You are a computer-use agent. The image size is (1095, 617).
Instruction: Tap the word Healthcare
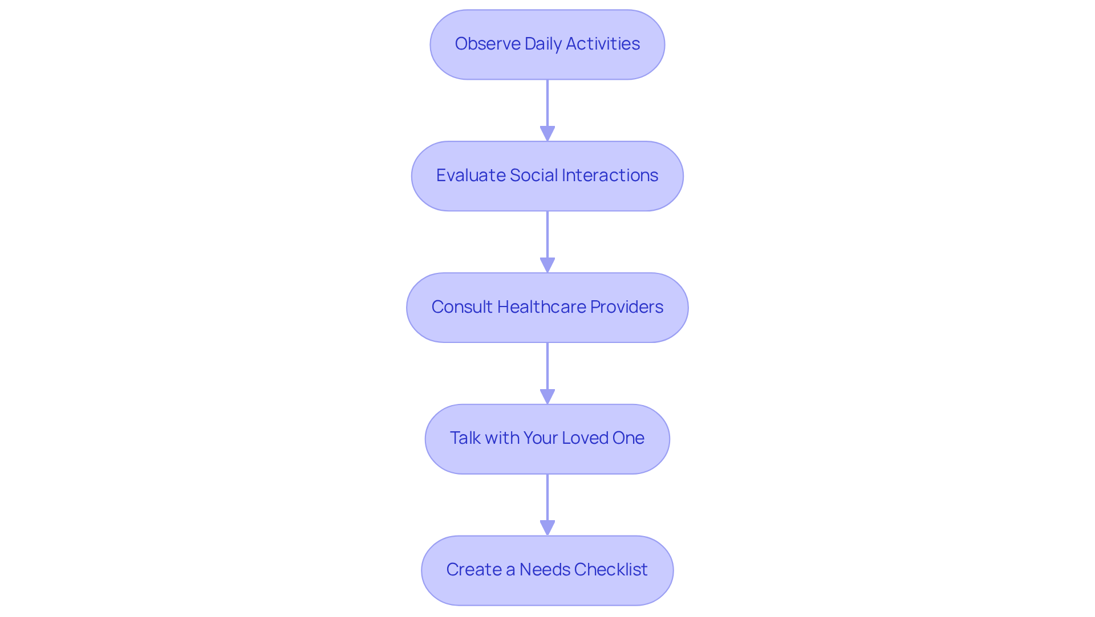click(x=541, y=307)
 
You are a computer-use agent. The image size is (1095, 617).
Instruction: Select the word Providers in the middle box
click(x=626, y=307)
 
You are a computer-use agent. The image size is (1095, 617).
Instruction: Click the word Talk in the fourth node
click(x=465, y=438)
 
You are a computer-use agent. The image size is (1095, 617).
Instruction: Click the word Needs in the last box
click(x=545, y=570)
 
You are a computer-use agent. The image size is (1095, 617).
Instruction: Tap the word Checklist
click(x=611, y=570)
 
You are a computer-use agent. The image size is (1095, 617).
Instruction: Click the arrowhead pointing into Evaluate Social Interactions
click(x=547, y=134)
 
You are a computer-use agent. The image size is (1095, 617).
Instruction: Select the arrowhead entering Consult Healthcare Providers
click(x=547, y=265)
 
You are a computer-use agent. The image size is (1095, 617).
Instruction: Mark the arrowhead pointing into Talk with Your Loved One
click(x=547, y=397)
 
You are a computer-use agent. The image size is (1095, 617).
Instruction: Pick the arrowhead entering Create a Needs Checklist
click(x=547, y=528)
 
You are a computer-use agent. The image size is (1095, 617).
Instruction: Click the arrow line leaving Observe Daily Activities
click(x=547, y=103)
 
